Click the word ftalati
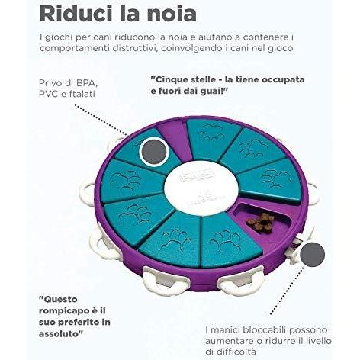point(82,94)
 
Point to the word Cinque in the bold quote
point(169,80)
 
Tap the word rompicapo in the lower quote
point(62,311)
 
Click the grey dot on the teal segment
point(154,152)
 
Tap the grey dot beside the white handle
point(312,255)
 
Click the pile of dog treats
point(260,223)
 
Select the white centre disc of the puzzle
point(201,188)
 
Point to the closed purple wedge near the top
point(173,139)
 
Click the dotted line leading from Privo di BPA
point(101,120)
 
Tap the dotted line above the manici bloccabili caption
point(288,291)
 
